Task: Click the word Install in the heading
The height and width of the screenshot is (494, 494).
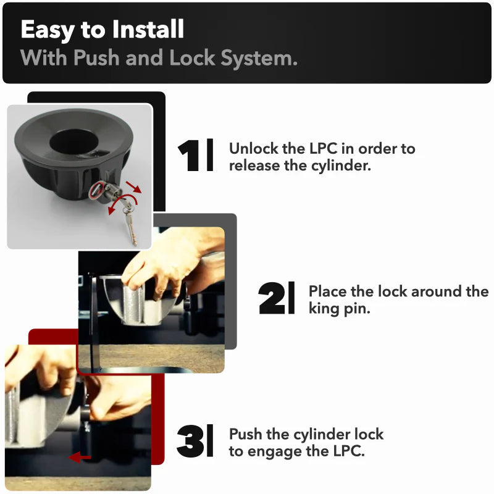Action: click(x=148, y=29)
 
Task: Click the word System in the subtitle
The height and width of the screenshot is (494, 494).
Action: click(x=259, y=58)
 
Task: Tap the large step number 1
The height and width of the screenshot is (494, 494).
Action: click(x=188, y=156)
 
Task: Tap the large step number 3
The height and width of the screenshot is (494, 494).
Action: click(x=190, y=441)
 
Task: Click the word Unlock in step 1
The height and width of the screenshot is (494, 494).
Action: click(x=254, y=148)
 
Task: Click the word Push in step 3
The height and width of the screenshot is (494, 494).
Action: click(x=245, y=434)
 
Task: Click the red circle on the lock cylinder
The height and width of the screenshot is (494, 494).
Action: click(x=96, y=190)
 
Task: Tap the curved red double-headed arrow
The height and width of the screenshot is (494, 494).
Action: click(x=122, y=198)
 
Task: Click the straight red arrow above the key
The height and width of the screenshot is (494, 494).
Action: click(x=133, y=187)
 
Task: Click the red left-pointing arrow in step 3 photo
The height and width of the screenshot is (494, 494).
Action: click(x=80, y=457)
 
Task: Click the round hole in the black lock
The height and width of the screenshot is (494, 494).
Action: click(x=74, y=141)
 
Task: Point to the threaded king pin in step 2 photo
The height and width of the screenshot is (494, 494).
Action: click(x=133, y=304)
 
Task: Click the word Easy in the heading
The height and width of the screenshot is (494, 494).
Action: click(x=48, y=30)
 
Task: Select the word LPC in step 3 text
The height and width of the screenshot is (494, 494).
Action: click(x=348, y=451)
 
